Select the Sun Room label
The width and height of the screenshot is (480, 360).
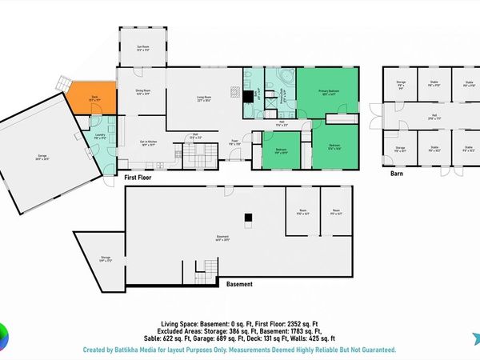(x=143, y=48)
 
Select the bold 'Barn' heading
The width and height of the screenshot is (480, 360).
(x=396, y=174)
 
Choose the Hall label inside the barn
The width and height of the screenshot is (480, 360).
(x=434, y=116)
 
